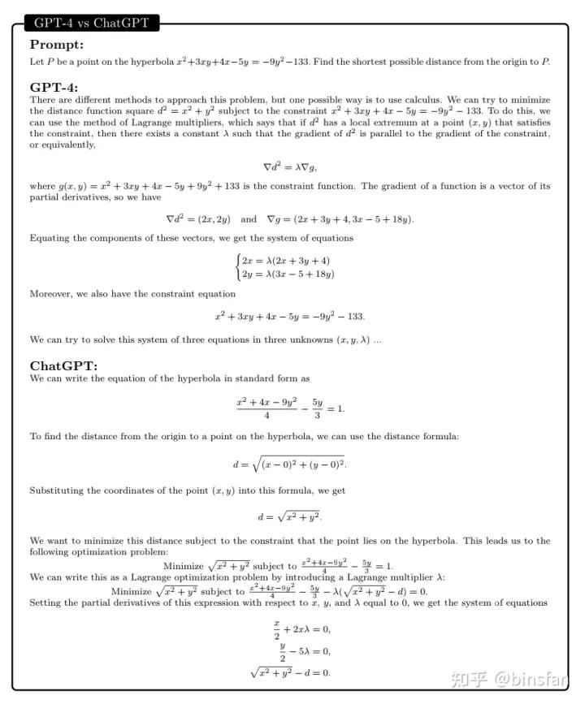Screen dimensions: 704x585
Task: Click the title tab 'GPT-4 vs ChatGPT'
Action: [91, 23]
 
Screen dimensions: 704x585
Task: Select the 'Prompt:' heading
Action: [57, 45]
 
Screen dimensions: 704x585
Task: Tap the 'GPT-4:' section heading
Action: [54, 88]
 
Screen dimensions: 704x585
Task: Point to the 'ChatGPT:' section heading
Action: [63, 365]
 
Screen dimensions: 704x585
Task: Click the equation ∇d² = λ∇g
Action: [290, 166]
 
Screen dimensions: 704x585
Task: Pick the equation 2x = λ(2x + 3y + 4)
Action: [285, 260]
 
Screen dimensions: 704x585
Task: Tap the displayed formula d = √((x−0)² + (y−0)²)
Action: [290, 464]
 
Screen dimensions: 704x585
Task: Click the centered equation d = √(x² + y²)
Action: [290, 516]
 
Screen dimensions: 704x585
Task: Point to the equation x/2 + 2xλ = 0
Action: [302, 629]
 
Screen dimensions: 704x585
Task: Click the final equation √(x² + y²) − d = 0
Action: [291, 672]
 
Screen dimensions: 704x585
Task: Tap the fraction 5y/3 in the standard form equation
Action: [317, 408]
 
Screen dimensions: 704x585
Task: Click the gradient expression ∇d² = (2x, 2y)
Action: [198, 219]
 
